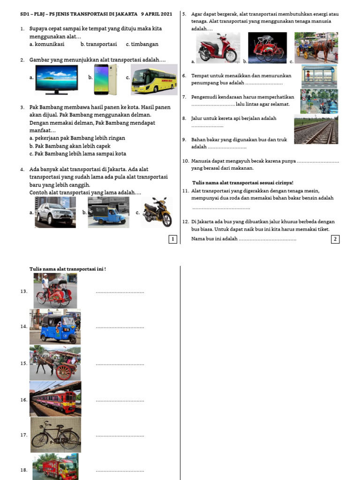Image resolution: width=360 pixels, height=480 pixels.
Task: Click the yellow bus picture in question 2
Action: pos(154,79)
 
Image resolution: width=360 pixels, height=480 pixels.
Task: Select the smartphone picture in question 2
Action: pos(104,78)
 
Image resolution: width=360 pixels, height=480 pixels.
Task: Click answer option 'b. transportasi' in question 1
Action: pos(98,44)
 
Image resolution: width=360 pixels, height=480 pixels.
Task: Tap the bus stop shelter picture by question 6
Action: pos(319,75)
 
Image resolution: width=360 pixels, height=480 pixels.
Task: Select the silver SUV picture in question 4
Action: pos(55,212)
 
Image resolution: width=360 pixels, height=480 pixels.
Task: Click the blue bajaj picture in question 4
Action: pos(108,212)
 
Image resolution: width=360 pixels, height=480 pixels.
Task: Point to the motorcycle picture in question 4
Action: pos(157,212)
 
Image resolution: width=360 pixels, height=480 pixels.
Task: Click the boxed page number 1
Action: pos(173,240)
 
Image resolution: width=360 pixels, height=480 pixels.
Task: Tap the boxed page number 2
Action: pos(335,240)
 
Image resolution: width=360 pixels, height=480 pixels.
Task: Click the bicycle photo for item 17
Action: pos(55,435)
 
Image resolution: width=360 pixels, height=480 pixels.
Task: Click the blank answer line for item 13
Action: pos(120,292)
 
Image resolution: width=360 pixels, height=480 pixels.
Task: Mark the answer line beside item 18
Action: pos(120,470)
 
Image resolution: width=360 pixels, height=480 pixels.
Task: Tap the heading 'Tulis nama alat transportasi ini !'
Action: pos(67,269)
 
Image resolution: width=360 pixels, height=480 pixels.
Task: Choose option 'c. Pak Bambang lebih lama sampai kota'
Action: pos(77,154)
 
